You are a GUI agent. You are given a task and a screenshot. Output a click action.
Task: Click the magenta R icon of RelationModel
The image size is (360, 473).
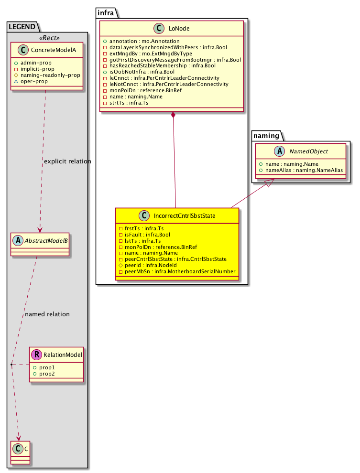tap(36, 355)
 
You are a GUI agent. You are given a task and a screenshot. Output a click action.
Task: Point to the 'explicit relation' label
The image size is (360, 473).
tap(67, 161)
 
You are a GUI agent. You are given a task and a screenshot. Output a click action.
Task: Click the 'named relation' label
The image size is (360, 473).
tap(47, 314)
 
